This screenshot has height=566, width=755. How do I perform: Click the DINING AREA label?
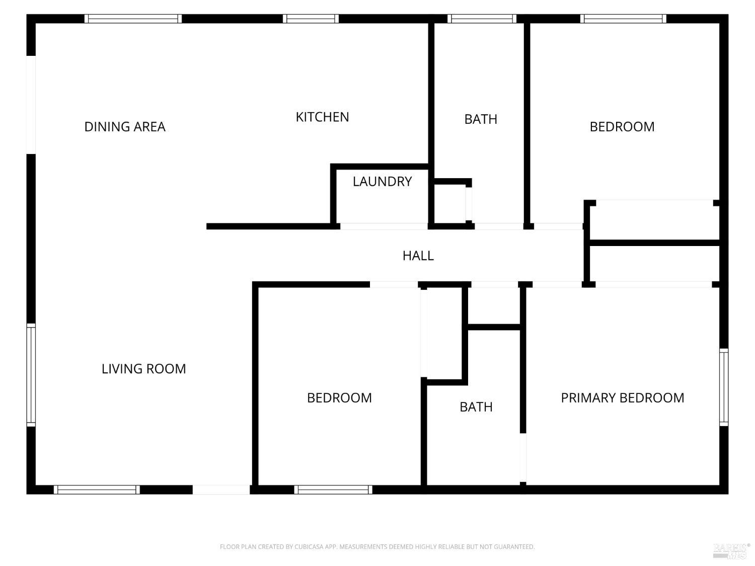(125, 127)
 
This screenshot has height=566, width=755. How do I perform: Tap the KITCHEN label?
(322, 117)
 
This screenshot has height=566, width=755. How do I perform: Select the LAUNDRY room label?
(382, 182)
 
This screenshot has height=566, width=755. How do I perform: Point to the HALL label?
(418, 256)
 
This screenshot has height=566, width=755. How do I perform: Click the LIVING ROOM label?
(143, 369)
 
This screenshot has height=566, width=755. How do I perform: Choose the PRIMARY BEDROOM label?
(622, 398)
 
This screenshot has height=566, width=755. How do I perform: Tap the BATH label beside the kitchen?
(481, 119)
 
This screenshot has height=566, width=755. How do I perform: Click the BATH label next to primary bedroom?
(476, 407)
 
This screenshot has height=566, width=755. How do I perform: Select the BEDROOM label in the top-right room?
(622, 127)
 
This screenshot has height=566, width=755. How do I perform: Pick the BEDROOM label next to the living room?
(339, 398)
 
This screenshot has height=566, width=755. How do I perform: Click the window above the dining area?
(133, 19)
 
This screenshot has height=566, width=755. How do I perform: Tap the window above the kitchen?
(311, 19)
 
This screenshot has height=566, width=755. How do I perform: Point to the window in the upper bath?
(482, 19)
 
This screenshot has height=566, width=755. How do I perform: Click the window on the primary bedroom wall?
(724, 387)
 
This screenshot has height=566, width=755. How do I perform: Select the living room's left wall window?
(31, 375)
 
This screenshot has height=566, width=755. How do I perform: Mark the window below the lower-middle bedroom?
(333, 490)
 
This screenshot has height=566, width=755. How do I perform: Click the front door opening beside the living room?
(221, 490)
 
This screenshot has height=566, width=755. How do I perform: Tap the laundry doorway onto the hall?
(384, 226)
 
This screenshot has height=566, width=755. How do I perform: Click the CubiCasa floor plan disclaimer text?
(377, 547)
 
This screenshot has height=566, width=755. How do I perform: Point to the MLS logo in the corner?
(731, 551)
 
